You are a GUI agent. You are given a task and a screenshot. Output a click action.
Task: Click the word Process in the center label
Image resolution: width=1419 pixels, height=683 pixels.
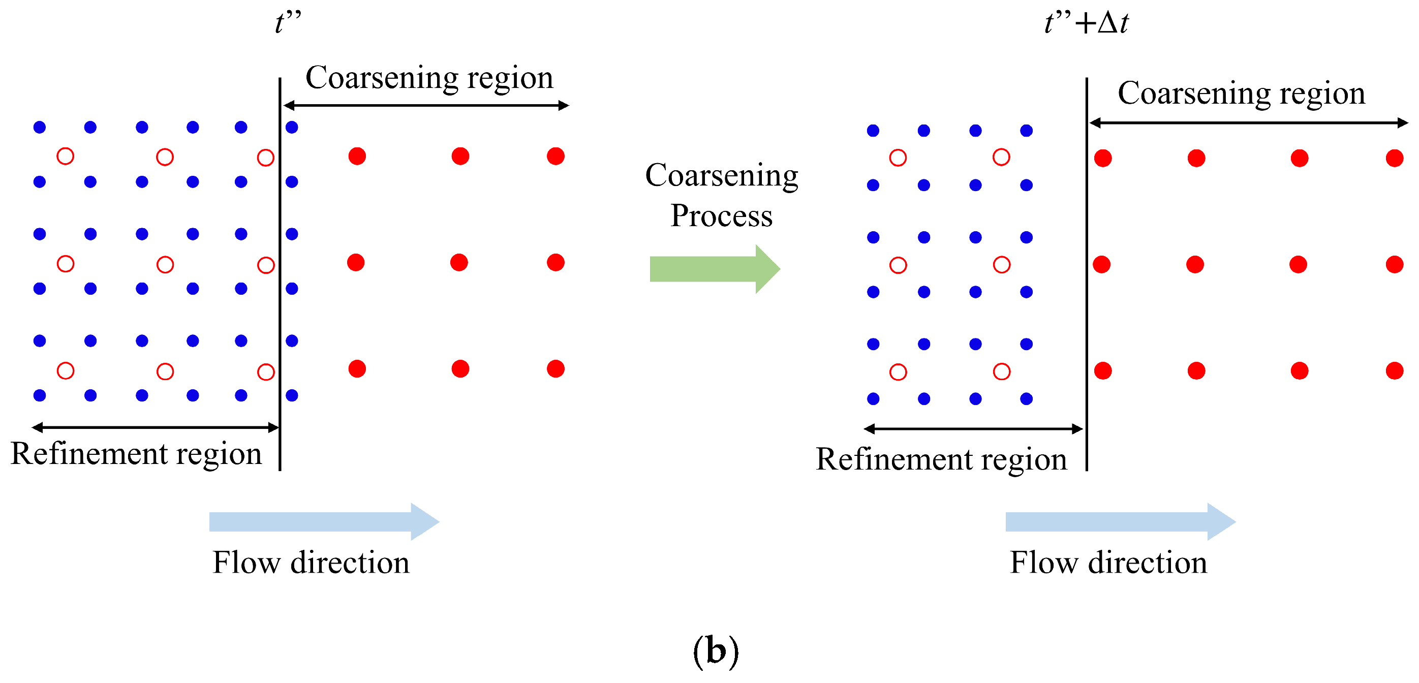pos(721,215)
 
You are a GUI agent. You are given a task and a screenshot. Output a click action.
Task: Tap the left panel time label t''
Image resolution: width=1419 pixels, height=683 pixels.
pos(288,23)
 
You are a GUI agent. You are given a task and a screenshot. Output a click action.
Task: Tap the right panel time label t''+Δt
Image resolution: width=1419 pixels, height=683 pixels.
pos(1086,23)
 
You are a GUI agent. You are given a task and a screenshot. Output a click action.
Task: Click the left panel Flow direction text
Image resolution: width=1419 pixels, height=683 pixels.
pos(311,563)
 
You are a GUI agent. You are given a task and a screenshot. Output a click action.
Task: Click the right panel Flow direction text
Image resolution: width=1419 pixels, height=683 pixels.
pos(1108,563)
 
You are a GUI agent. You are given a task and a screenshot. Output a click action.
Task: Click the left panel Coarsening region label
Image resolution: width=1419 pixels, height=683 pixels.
pos(429,77)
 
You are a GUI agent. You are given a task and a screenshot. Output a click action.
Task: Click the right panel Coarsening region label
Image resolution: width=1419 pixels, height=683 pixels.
pos(1241,92)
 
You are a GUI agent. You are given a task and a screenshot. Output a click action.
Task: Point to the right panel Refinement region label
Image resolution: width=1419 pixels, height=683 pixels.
pos(941,459)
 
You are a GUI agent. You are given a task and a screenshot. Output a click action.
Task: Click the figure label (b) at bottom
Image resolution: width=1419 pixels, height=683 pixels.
pos(716,651)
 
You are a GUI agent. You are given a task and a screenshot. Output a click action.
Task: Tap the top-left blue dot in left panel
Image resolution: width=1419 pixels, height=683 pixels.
pos(40,127)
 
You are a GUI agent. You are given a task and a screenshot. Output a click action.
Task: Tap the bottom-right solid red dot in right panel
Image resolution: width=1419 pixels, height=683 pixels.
pos(1394,370)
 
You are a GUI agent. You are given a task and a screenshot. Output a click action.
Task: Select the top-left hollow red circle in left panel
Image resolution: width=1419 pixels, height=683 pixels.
pos(66,157)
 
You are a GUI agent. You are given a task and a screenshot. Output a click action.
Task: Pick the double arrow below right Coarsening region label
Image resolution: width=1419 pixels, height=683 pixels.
pos(1248,123)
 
